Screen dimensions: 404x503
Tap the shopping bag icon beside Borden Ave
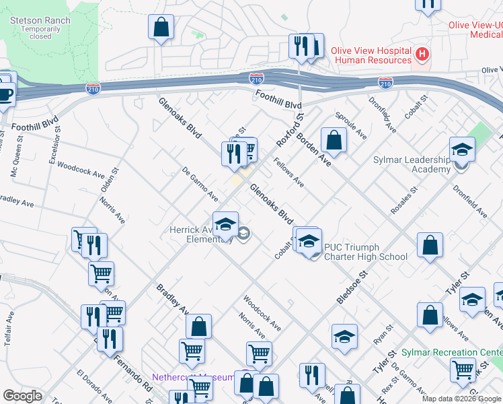(334, 140)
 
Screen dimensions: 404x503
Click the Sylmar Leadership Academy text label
(412, 164)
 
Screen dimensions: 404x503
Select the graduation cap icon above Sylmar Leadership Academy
(462, 149)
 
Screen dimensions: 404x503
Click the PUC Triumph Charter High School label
(365, 252)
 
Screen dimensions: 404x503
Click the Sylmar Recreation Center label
(451, 353)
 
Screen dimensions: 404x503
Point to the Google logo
(22, 396)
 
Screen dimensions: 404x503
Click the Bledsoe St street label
(354, 287)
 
